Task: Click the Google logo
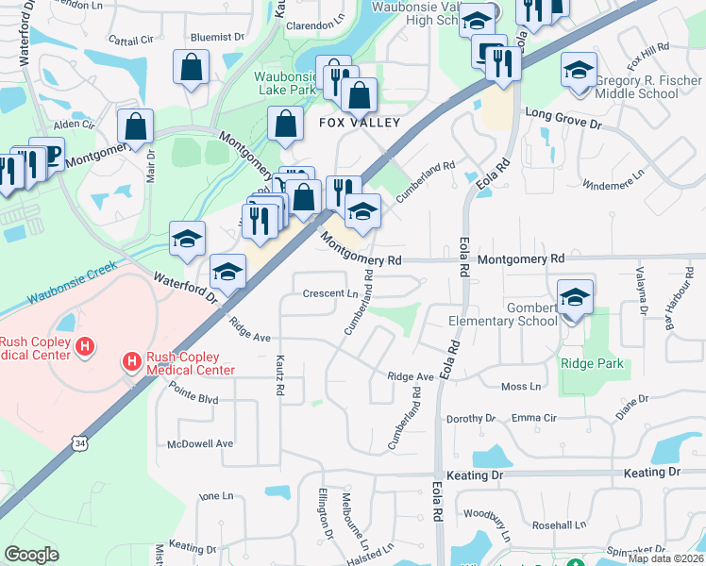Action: click(31, 555)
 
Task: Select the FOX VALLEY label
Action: click(359, 123)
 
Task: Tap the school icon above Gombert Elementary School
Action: click(575, 299)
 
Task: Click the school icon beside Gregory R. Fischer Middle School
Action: click(579, 72)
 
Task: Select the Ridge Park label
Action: click(588, 363)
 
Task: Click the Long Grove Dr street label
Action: click(563, 112)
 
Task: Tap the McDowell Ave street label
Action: click(199, 443)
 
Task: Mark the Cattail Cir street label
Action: click(130, 41)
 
